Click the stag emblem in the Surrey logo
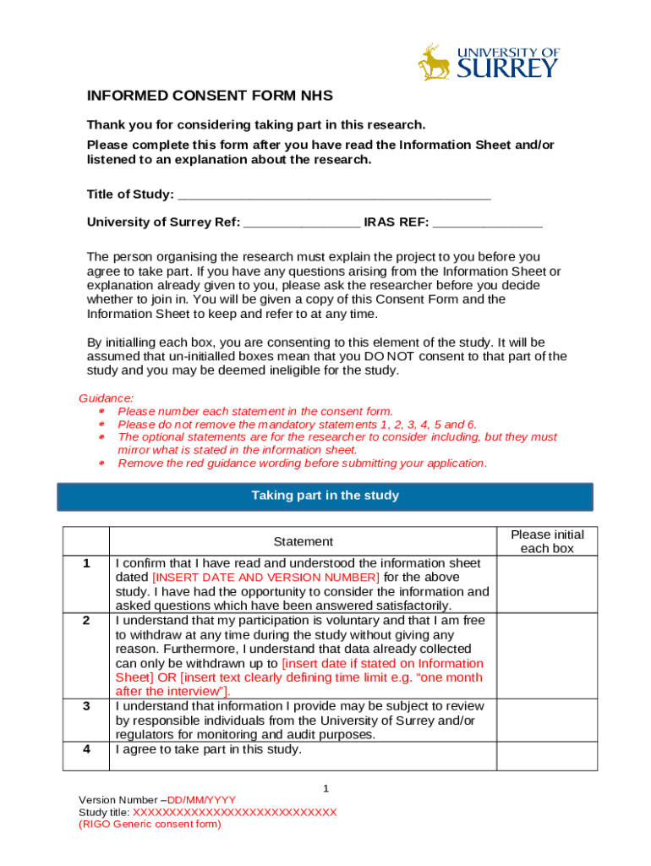[x=435, y=63]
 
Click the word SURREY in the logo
[x=508, y=69]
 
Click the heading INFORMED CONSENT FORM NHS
[x=210, y=96]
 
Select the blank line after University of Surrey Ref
[x=302, y=222]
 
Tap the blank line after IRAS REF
[x=488, y=222]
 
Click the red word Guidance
[x=106, y=397]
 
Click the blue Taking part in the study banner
[x=325, y=496]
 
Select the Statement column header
[x=303, y=541]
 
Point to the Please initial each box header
[x=547, y=541]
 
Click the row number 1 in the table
[x=85, y=563]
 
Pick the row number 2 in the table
[x=85, y=621]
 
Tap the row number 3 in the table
[x=85, y=706]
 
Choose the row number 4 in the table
[x=85, y=749]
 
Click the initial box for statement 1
[x=547, y=584]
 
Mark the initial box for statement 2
[x=547, y=655]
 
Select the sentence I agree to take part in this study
[x=208, y=749]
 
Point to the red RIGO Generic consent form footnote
[x=150, y=824]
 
